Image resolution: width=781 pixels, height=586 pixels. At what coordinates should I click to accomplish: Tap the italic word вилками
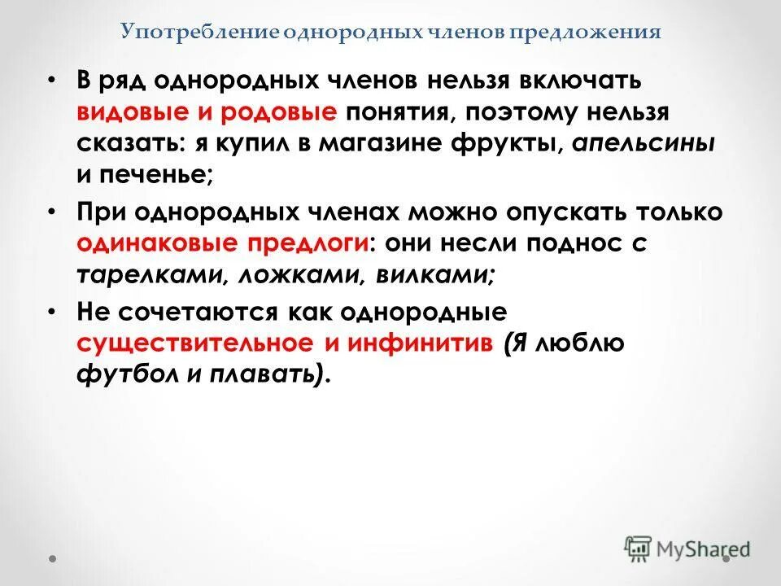coord(434,274)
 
